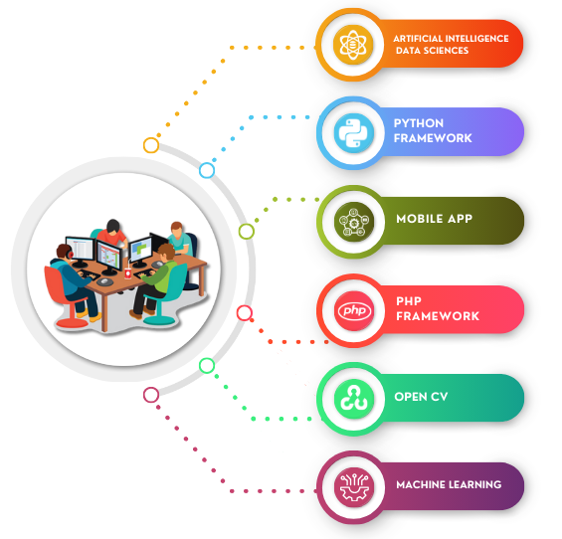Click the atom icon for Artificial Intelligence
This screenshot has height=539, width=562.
353,45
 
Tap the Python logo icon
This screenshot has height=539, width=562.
354,133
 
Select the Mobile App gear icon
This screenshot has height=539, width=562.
354,222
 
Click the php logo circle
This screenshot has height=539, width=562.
354,310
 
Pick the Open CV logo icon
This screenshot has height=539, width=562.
354,399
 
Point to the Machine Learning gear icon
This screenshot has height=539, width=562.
354,487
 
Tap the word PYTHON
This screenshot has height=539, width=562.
419,123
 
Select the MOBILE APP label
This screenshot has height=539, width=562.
434,219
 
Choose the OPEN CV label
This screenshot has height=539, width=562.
421,397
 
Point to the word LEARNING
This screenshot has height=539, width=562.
475,485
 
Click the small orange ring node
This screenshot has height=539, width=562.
151,145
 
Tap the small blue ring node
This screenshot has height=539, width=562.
207,170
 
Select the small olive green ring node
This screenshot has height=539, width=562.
247,231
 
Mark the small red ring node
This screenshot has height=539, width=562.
245,313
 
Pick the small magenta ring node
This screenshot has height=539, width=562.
151,395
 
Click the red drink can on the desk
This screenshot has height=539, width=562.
128,273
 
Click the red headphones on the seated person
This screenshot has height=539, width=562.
70,253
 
